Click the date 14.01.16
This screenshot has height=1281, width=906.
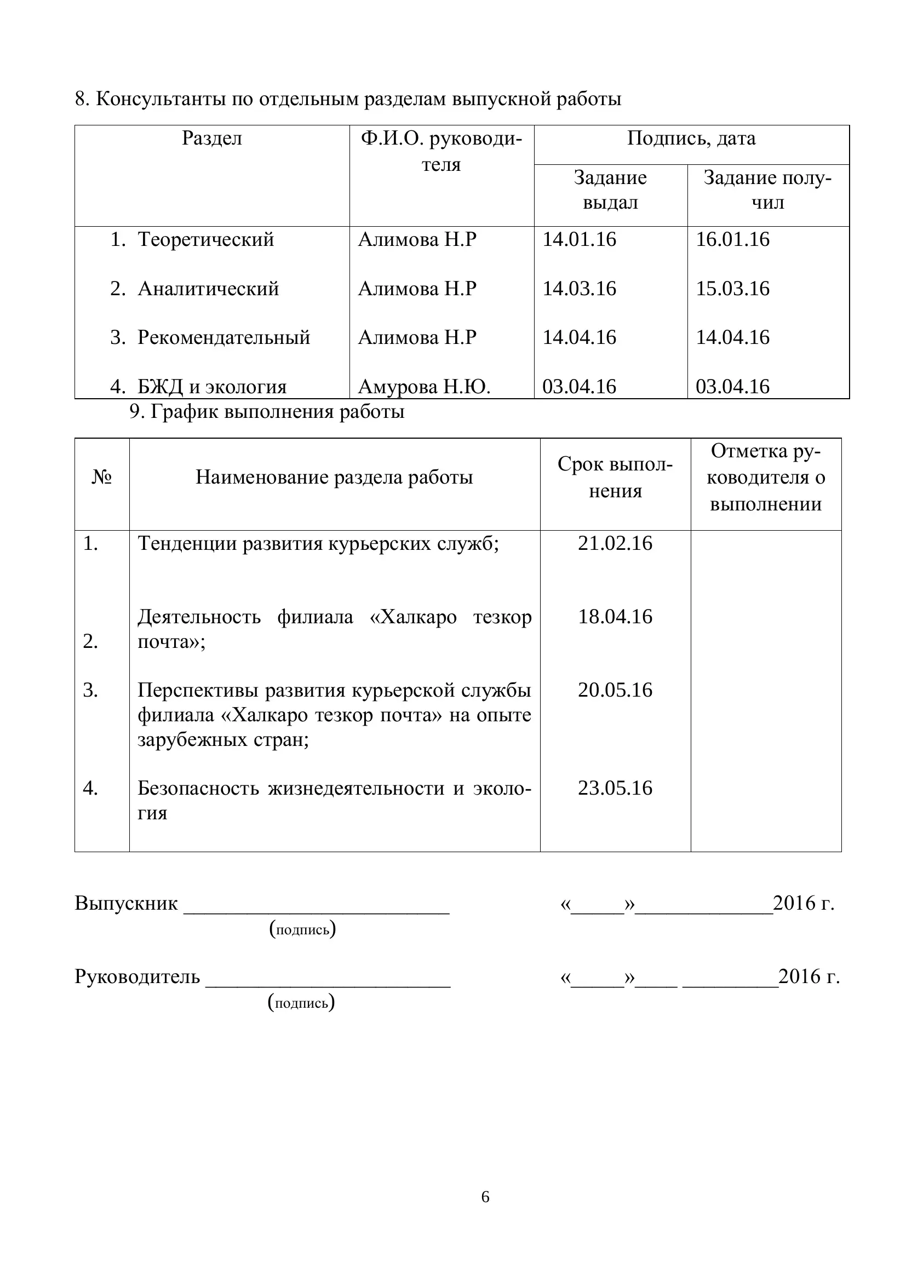point(579,239)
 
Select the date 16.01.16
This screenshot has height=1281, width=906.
point(732,239)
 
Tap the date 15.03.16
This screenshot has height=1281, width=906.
point(732,289)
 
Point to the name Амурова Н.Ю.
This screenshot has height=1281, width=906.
point(424,386)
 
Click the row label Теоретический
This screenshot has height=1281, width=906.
point(205,239)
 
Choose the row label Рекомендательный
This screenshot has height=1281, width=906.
point(223,337)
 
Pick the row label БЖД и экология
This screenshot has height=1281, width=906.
point(212,386)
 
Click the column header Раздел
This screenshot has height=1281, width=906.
point(212,139)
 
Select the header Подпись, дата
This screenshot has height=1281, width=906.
point(691,139)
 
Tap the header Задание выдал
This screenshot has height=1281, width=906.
point(610,189)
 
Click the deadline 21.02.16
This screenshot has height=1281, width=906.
point(615,543)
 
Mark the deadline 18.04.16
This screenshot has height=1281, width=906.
point(615,617)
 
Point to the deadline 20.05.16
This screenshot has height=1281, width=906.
point(615,690)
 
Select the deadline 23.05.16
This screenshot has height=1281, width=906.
point(615,788)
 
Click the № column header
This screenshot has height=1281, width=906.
point(101,478)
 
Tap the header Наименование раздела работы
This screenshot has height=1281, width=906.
point(334,478)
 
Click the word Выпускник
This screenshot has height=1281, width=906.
point(126,903)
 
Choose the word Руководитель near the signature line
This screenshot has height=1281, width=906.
point(137,976)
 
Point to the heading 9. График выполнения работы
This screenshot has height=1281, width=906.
point(267,412)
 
